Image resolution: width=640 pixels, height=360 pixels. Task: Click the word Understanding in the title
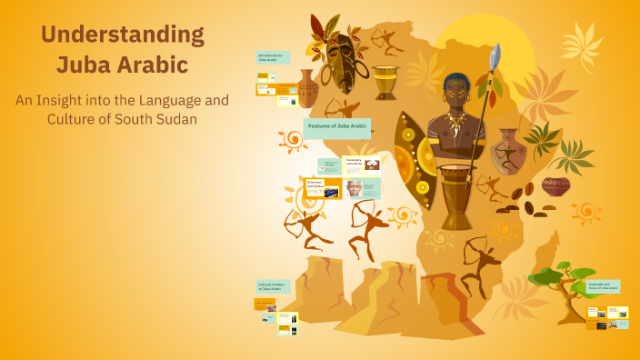[123, 36]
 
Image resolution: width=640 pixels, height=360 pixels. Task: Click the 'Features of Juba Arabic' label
[336, 128]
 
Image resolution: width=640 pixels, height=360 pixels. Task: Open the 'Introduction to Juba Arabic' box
[273, 58]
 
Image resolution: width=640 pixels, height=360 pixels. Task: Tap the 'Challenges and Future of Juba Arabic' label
[597, 288]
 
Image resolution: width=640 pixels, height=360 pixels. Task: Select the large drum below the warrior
[455, 195]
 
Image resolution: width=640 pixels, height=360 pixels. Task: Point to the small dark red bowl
[555, 186]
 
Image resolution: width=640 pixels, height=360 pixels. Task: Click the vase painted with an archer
[508, 151]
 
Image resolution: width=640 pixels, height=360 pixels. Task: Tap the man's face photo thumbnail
[354, 188]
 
